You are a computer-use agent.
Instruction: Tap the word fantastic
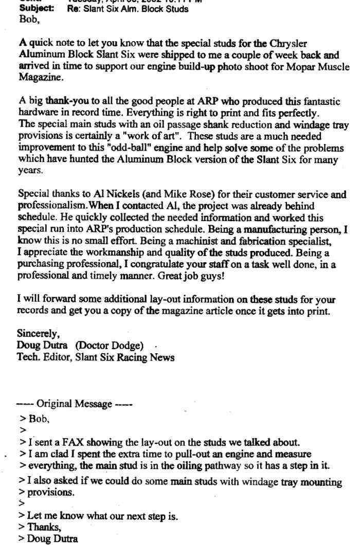(x=316, y=101)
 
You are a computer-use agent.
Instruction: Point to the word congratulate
(x=149, y=265)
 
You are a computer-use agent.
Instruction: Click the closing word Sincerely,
(x=38, y=334)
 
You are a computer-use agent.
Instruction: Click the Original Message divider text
(x=74, y=404)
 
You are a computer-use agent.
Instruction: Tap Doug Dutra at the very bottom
(x=51, y=539)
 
